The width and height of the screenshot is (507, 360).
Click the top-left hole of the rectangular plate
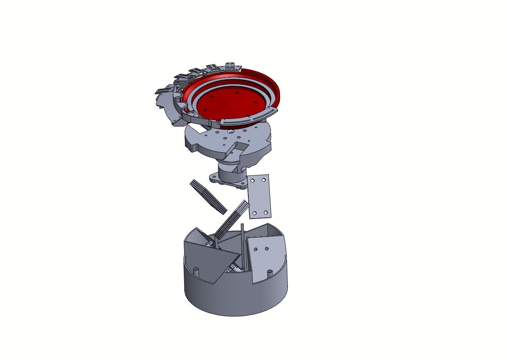point(253,181)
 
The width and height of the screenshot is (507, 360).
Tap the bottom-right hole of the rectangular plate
point(266,213)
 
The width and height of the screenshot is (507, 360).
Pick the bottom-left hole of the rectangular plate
point(255,213)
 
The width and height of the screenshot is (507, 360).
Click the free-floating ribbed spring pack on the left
point(208,196)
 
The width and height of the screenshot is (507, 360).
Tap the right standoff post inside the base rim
point(270,271)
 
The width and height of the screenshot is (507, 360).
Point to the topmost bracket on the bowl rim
point(231,65)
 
